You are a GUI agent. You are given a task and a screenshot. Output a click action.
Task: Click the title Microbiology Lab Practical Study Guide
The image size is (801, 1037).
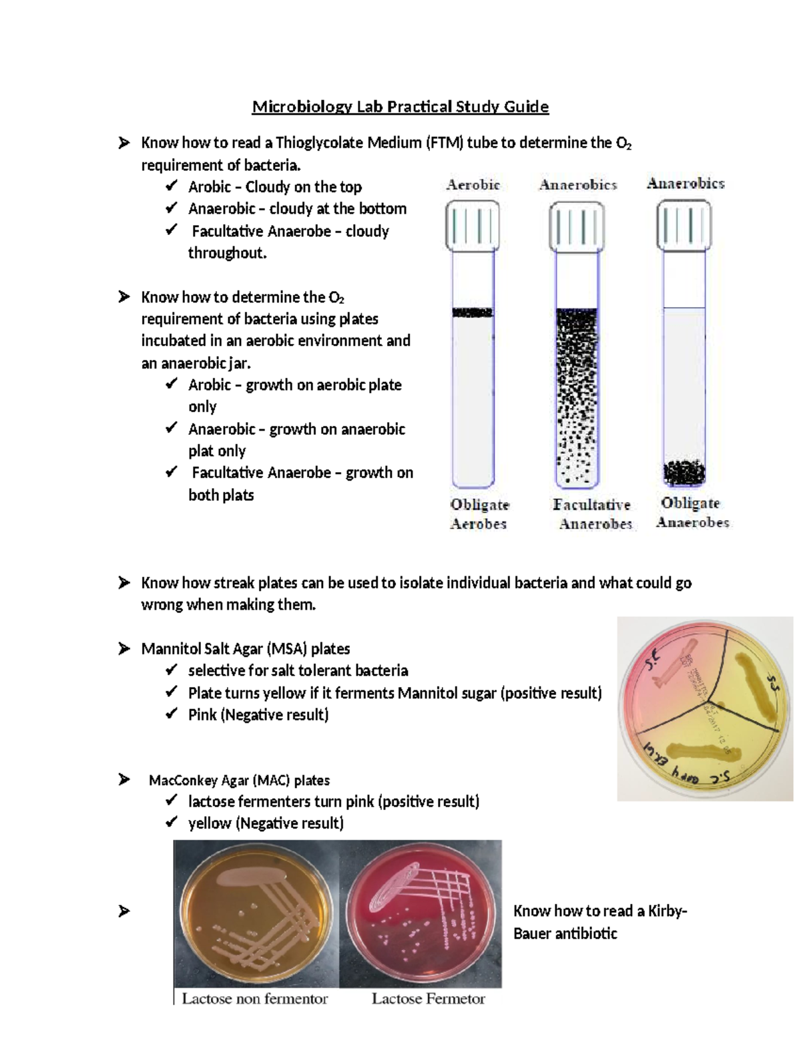tap(400, 107)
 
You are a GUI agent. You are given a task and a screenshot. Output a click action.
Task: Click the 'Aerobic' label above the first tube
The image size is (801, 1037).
tap(473, 185)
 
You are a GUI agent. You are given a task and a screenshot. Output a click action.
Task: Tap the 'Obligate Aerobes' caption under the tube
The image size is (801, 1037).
tap(479, 514)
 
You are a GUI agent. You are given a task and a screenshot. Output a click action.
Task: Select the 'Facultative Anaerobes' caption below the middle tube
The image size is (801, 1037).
tap(592, 514)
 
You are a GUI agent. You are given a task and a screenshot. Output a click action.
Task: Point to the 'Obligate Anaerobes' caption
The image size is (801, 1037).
tap(692, 513)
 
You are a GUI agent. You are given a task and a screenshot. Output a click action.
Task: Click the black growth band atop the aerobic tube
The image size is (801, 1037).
tap(473, 313)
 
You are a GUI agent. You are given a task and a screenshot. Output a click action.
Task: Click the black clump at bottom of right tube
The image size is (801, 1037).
tap(684, 473)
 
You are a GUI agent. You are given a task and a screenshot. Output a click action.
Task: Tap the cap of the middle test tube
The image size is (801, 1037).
tap(577, 227)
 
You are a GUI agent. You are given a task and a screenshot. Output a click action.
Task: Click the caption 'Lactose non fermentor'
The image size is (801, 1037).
tap(255, 999)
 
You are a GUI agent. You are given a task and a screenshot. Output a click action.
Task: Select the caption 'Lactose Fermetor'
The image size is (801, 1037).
tap(428, 999)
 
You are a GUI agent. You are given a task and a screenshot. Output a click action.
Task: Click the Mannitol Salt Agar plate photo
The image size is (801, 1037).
tap(704, 708)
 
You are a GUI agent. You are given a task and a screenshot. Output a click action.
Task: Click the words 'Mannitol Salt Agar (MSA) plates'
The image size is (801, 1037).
tap(246, 649)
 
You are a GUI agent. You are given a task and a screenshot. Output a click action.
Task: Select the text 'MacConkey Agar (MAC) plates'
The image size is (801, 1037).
tap(239, 780)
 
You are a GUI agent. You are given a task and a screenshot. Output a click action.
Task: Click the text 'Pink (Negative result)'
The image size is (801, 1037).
tap(258, 715)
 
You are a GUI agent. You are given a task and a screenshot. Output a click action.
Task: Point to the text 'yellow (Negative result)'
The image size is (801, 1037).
tap(266, 823)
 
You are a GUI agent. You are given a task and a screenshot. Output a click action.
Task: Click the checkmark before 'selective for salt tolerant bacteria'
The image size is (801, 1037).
tap(172, 670)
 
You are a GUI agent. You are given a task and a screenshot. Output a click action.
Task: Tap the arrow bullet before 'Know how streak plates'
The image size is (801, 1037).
tap(124, 583)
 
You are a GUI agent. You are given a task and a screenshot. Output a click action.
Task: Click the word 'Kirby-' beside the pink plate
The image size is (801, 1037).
tap(667, 911)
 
